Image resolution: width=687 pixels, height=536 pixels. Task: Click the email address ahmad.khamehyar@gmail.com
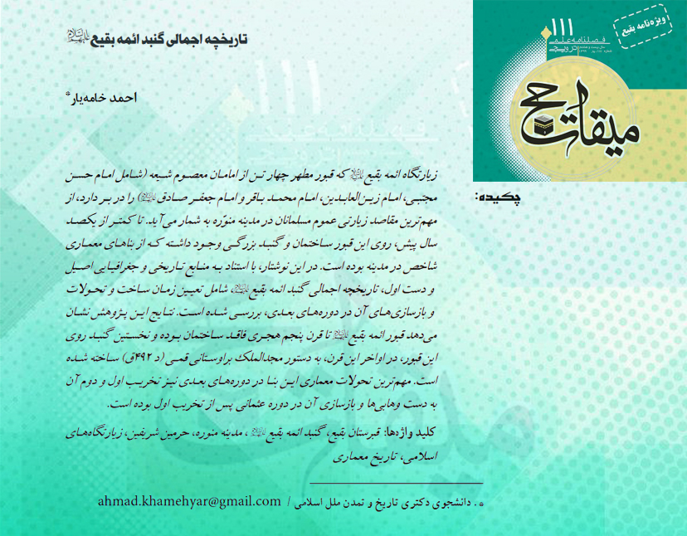click(x=189, y=502)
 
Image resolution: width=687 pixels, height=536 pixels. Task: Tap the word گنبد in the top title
click(x=140, y=39)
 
